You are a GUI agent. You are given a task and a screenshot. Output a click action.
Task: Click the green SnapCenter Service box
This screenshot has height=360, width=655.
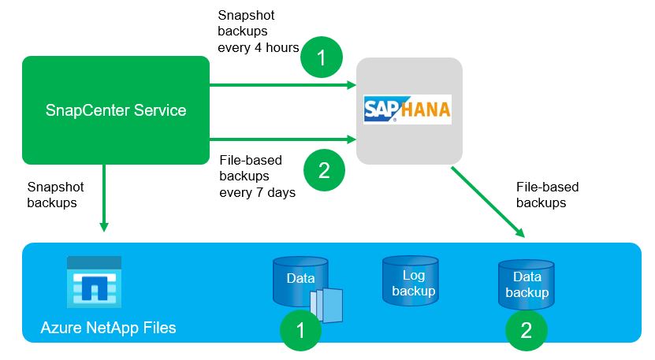[116, 109]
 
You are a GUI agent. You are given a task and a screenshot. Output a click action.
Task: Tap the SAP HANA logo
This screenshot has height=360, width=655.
[408, 109]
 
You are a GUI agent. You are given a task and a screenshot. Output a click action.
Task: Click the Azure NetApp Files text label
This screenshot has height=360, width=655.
[108, 327]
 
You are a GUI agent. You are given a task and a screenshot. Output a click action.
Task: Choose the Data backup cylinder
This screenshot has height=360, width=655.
[527, 285]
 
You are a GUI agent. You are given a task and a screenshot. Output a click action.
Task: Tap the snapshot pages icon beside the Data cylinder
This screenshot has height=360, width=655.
[328, 305]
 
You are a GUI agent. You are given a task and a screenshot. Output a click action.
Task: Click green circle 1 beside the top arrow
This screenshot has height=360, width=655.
[321, 57]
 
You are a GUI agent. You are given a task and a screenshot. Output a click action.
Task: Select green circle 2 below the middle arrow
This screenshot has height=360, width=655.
[322, 170]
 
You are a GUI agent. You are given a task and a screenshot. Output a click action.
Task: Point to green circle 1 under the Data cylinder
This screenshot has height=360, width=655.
[301, 330]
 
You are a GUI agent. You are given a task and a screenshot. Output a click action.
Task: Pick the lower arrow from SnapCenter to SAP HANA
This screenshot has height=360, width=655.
[281, 139]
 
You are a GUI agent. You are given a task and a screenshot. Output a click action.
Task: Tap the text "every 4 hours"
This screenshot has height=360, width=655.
[258, 47]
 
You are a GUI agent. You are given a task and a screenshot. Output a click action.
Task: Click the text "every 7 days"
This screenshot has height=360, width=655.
[257, 191]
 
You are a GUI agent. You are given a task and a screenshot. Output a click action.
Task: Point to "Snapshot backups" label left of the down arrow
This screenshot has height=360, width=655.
[55, 195]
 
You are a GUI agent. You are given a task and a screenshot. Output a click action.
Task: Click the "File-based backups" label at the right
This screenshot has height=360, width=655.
[547, 195]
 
